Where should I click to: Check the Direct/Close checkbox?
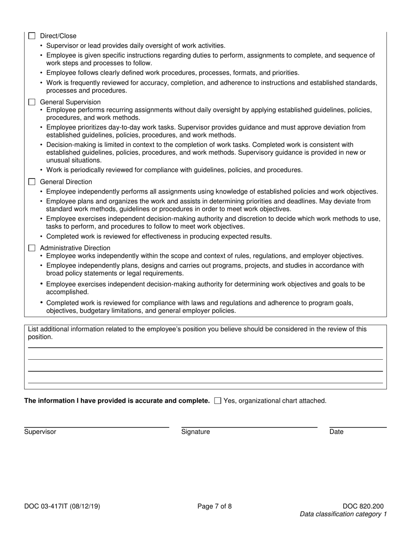pos(32,36)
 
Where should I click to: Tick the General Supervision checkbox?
pos(32,102)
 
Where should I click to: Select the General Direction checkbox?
pos(32,182)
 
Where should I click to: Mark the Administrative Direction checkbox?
pos(32,248)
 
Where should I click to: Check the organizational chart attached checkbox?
pos(218,401)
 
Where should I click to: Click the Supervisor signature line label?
pos(40,432)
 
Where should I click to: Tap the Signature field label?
pos(196,432)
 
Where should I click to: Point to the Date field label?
pos(336,432)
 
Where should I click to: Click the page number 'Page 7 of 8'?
pos(215,506)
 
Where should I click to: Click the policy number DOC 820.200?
pos(363,506)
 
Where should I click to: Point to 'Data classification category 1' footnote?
pos(343,514)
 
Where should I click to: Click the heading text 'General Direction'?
pos(66,182)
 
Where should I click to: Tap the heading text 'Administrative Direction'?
pos(75,248)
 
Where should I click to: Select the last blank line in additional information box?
pos(205,382)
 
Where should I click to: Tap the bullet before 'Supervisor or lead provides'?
pos(42,46)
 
